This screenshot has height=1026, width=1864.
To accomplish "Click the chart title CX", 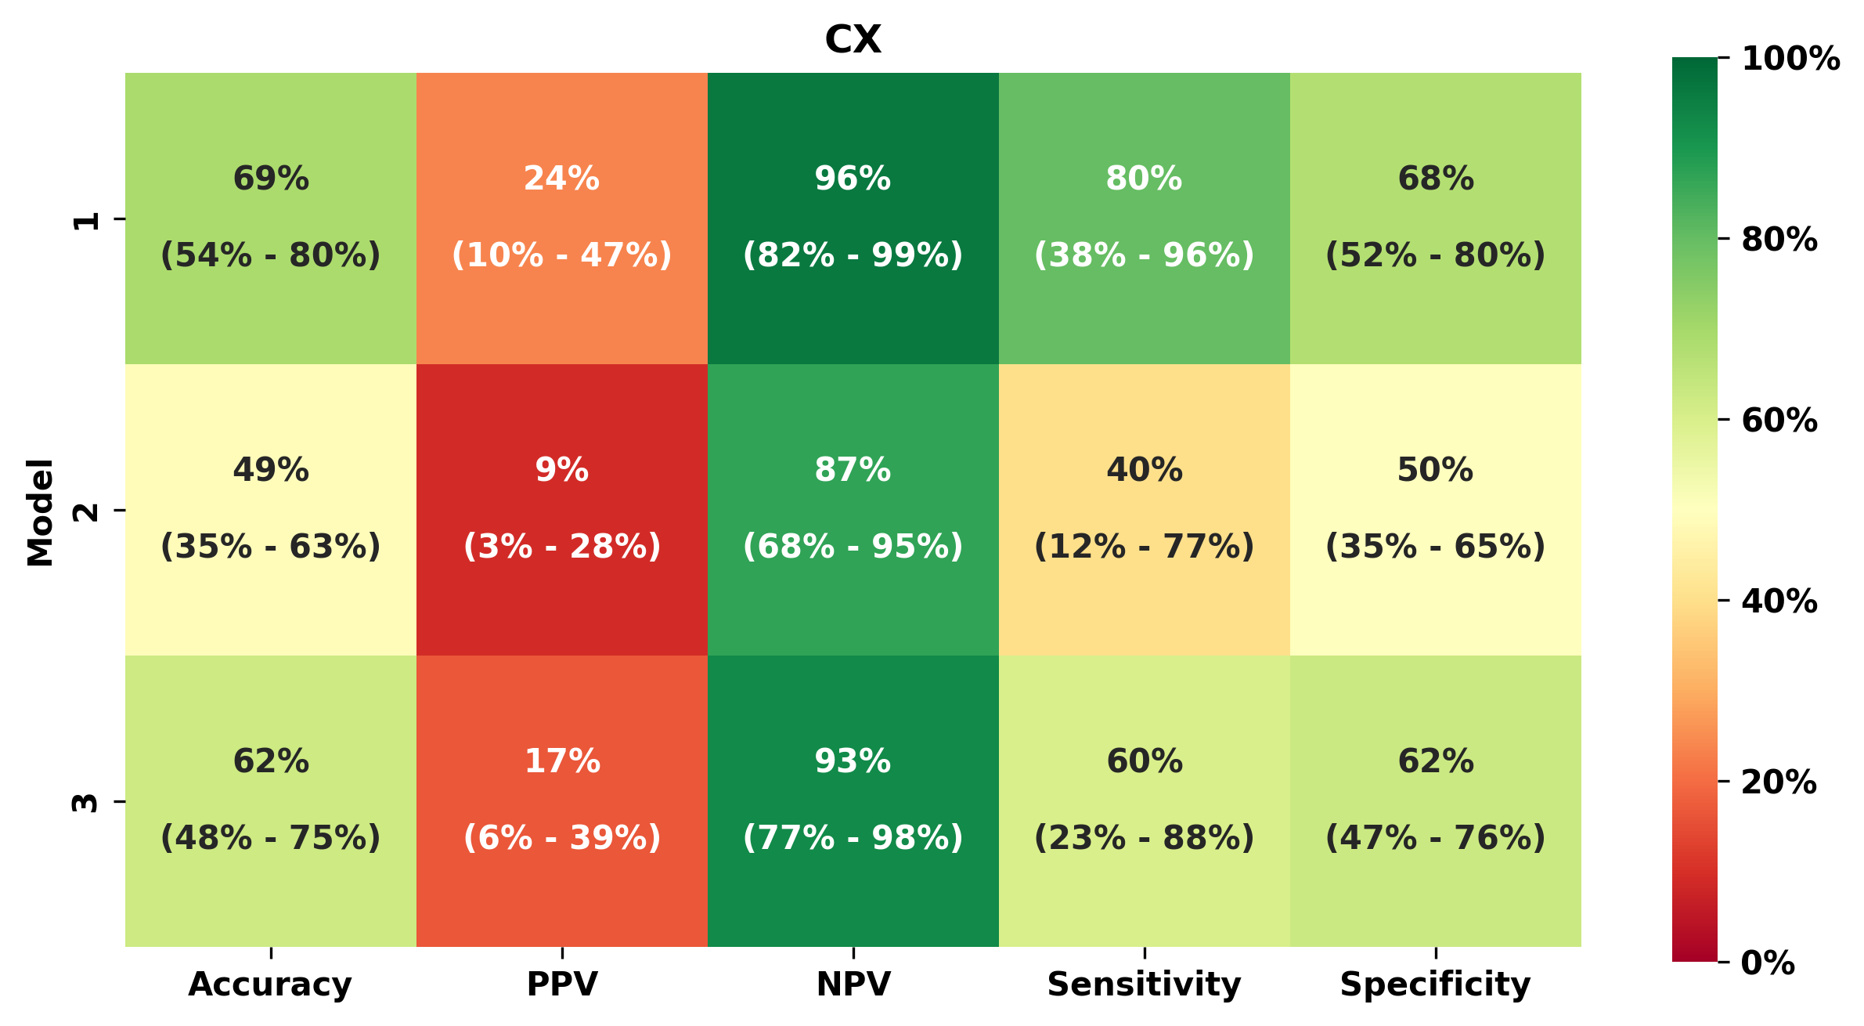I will click(x=853, y=39).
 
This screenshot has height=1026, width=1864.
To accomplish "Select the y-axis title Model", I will click(x=41, y=511).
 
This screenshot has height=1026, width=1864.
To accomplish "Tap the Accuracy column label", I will click(x=270, y=984).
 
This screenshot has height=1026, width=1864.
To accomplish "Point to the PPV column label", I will click(x=562, y=984).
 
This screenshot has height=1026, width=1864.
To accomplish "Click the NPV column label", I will click(x=853, y=984).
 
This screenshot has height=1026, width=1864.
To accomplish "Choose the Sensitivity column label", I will click(x=1144, y=984).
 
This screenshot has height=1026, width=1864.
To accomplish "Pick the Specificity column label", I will click(x=1435, y=984).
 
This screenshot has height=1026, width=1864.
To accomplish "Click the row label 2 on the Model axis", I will click(x=86, y=511).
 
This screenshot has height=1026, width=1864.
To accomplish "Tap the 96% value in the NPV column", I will click(x=853, y=179).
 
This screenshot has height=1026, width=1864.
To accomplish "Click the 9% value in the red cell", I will click(x=562, y=470).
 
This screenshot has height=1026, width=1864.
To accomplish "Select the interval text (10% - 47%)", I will click(x=562, y=255).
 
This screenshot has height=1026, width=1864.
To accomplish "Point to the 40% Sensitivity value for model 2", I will click(x=1144, y=470).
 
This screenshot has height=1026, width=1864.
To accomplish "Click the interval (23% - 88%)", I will click(x=1144, y=838).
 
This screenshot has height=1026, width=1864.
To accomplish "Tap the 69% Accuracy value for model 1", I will click(x=271, y=179).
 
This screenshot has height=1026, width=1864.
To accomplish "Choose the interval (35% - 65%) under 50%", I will click(x=1435, y=547).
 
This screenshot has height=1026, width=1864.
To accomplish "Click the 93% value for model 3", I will click(x=853, y=761).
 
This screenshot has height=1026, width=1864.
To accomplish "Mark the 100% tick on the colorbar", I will click(x=1790, y=59).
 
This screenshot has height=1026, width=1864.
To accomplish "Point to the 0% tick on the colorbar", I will click(x=1768, y=963).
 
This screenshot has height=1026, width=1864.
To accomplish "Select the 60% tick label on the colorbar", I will click(x=1779, y=421).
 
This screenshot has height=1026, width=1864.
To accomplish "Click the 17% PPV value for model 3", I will click(x=562, y=761).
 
